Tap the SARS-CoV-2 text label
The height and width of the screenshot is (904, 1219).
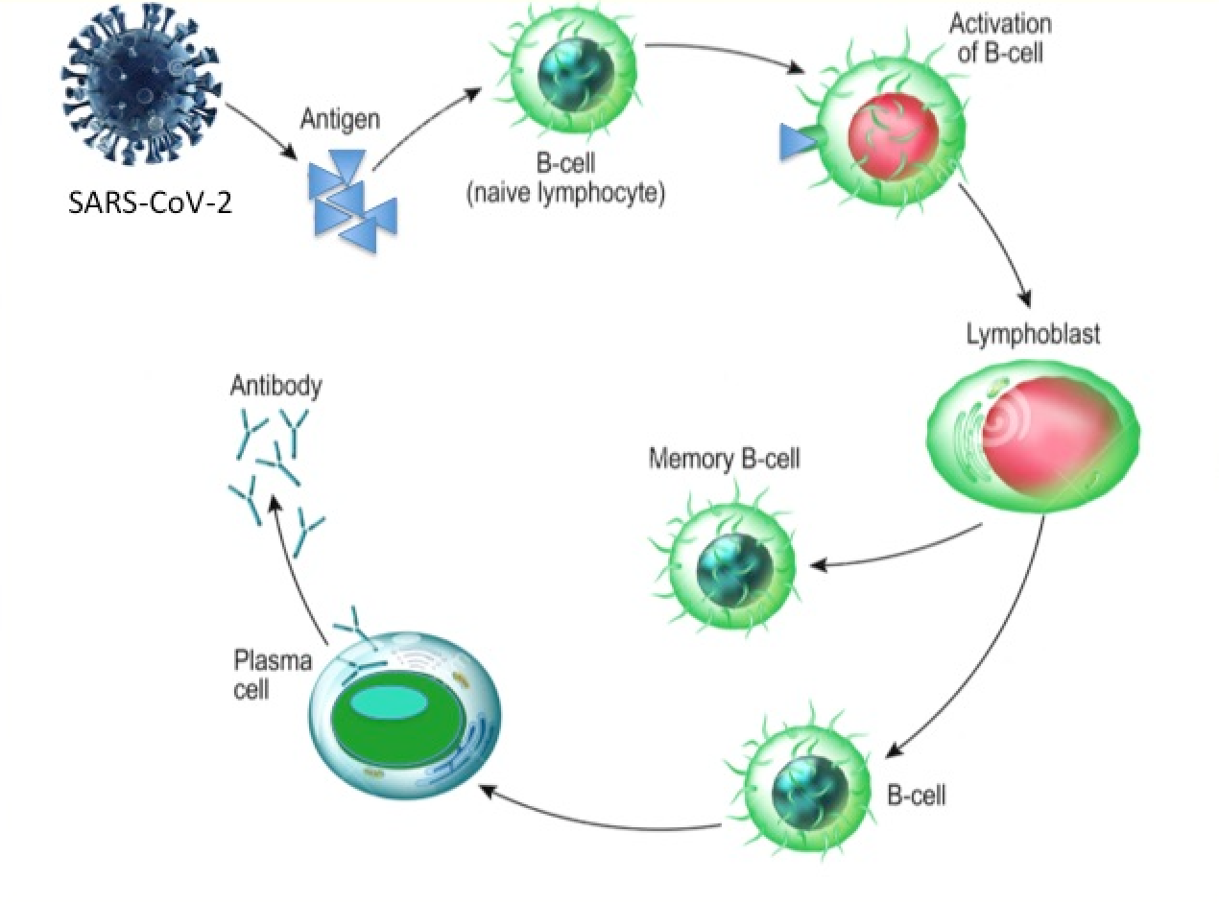pos(151,204)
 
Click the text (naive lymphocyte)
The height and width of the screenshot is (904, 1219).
pos(564,195)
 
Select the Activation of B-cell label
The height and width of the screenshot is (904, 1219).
pos(1000,37)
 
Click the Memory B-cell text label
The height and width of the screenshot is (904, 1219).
pos(724,458)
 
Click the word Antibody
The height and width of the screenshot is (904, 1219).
pos(276,387)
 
